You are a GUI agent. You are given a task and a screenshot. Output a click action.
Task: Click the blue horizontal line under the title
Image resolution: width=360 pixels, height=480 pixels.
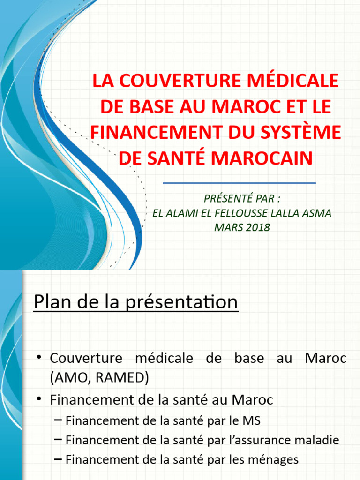click(x=239, y=183)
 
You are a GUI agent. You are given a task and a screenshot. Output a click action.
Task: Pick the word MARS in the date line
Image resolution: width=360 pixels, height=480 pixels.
click(x=226, y=228)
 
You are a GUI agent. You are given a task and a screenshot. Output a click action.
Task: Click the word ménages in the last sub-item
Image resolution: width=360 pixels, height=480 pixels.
click(x=276, y=460)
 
